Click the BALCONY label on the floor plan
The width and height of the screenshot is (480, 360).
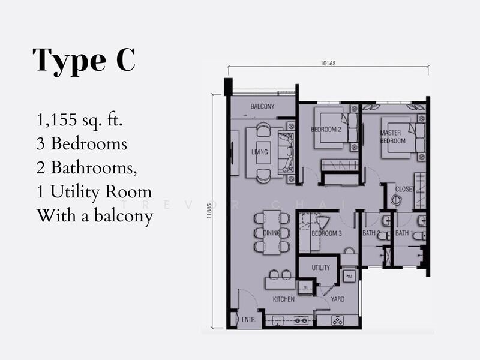point(262,107)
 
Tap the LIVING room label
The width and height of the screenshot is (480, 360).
point(259,152)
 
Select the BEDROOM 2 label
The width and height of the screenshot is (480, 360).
point(326,130)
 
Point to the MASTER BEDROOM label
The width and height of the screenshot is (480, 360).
point(393,137)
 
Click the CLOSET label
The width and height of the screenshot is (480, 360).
point(404,189)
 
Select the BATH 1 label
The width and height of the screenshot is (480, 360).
point(403,233)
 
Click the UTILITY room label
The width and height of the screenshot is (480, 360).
point(320,268)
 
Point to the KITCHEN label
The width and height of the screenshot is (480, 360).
point(283,299)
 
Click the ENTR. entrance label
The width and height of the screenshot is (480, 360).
point(249,320)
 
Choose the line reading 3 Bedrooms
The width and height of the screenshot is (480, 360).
point(82,144)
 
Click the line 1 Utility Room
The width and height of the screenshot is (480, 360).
point(93,191)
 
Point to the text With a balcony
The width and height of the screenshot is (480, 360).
point(95,215)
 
